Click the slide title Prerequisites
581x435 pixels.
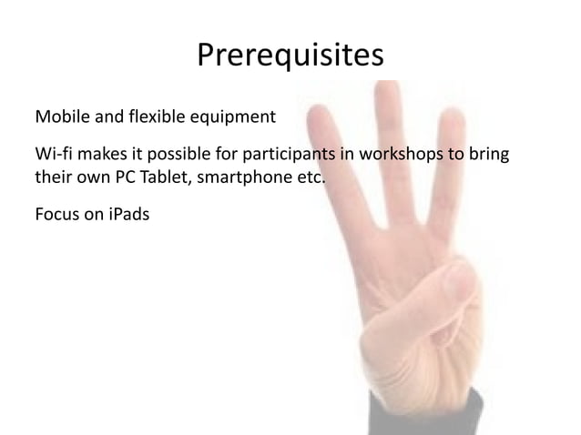click(x=290, y=57)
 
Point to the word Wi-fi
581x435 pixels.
click(x=50, y=151)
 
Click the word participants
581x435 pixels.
click(x=297, y=152)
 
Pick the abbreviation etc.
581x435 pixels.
click(x=308, y=176)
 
